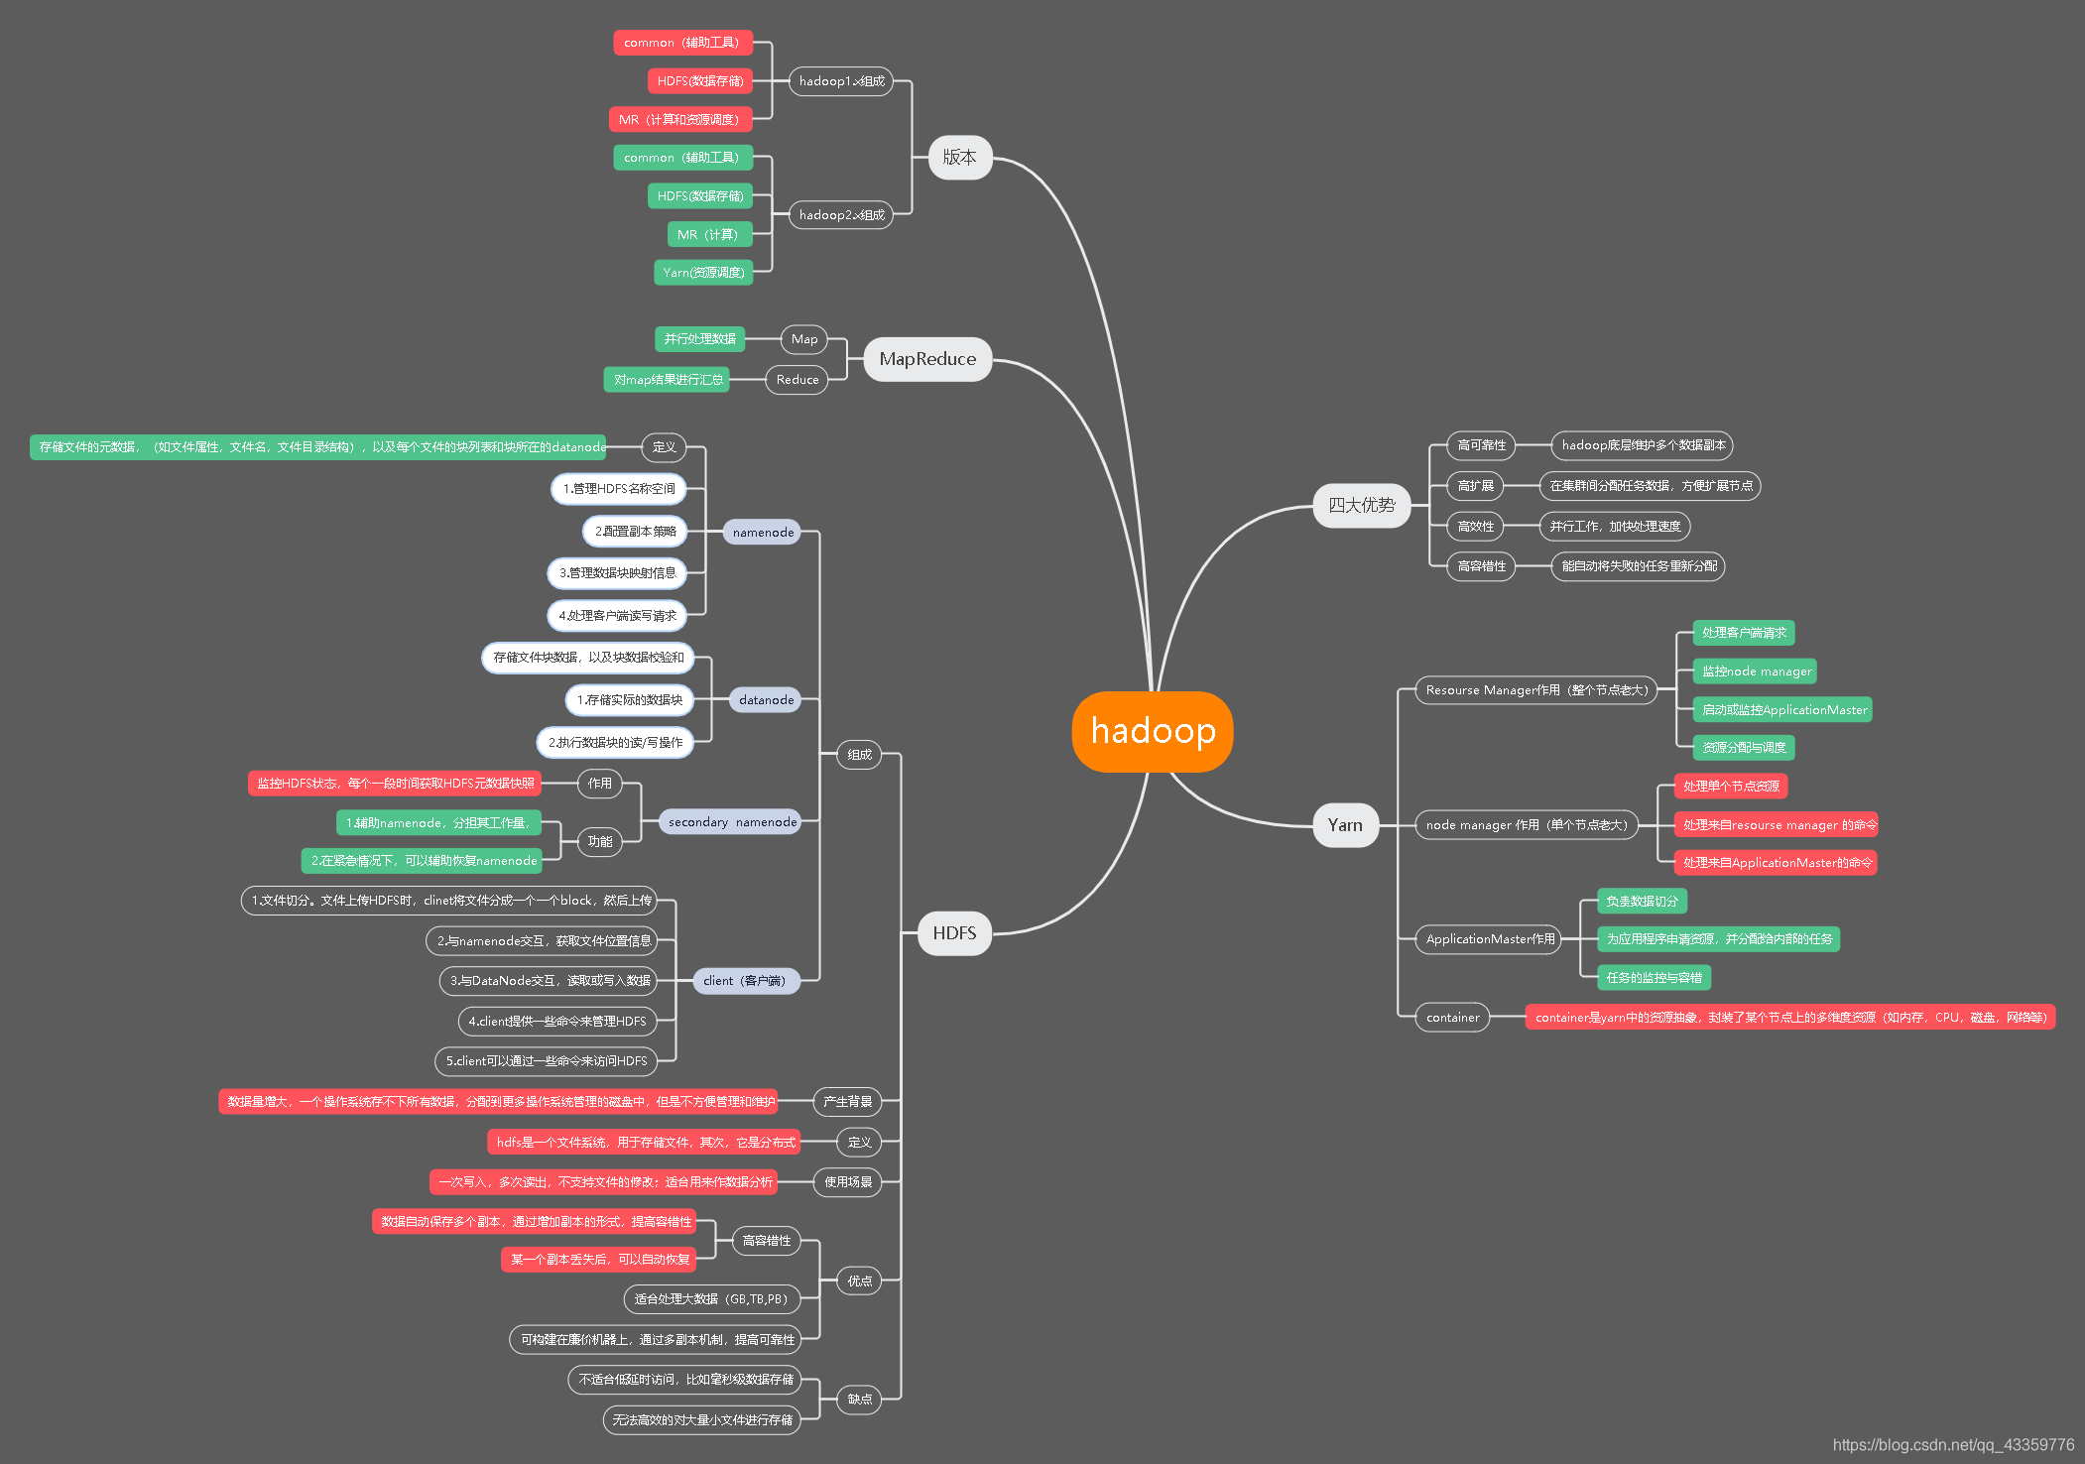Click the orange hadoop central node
point(1152,731)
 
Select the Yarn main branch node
point(1345,825)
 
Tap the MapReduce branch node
point(926,359)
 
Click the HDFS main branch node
point(953,933)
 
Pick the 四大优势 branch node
point(1361,505)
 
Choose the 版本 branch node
point(959,157)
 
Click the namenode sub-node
point(763,533)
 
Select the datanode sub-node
point(766,700)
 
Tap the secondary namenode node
point(732,822)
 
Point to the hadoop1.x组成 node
point(841,81)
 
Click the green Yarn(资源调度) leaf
point(703,273)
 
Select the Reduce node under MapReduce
point(797,380)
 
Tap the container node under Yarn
point(1452,1018)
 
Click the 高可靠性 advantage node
point(1481,445)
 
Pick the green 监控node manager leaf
point(1756,671)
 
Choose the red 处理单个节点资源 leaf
point(1731,787)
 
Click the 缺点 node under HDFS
point(859,1400)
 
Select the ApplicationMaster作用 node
point(1490,939)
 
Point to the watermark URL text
point(1952,1445)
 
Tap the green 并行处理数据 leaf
point(699,339)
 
